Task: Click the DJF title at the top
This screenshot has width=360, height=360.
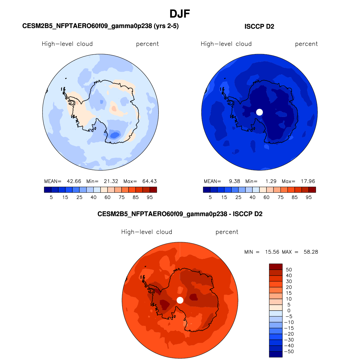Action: [x=180, y=14]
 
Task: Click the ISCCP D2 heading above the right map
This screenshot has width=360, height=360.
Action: [x=259, y=26]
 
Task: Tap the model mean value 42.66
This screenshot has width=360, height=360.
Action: [x=74, y=181]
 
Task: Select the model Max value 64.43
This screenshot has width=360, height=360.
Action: [x=149, y=181]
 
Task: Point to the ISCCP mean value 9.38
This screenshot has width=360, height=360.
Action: [x=234, y=181]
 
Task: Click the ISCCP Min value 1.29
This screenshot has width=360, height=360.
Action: [x=271, y=181]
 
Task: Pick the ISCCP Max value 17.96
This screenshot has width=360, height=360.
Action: [x=308, y=181]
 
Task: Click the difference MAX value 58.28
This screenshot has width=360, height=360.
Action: [x=311, y=252]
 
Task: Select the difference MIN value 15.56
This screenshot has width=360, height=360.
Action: [x=272, y=252]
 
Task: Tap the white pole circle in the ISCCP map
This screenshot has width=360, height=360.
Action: [x=259, y=112]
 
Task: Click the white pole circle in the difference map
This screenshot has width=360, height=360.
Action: [x=180, y=300]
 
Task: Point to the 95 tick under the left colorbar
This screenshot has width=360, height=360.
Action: [x=150, y=197]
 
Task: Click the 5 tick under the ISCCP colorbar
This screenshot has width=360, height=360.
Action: [x=210, y=197]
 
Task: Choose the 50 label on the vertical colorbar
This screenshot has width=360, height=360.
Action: [x=289, y=270]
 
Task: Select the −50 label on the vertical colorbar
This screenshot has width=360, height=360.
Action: [x=289, y=351]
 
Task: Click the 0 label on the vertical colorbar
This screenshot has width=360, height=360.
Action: [x=289, y=311]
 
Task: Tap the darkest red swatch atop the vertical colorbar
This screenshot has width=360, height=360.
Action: [x=276, y=267]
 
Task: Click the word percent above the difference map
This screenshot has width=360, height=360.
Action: [x=227, y=232]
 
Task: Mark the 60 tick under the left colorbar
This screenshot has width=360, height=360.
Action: [x=107, y=197]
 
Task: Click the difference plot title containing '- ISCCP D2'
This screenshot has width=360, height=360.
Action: [x=180, y=214]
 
